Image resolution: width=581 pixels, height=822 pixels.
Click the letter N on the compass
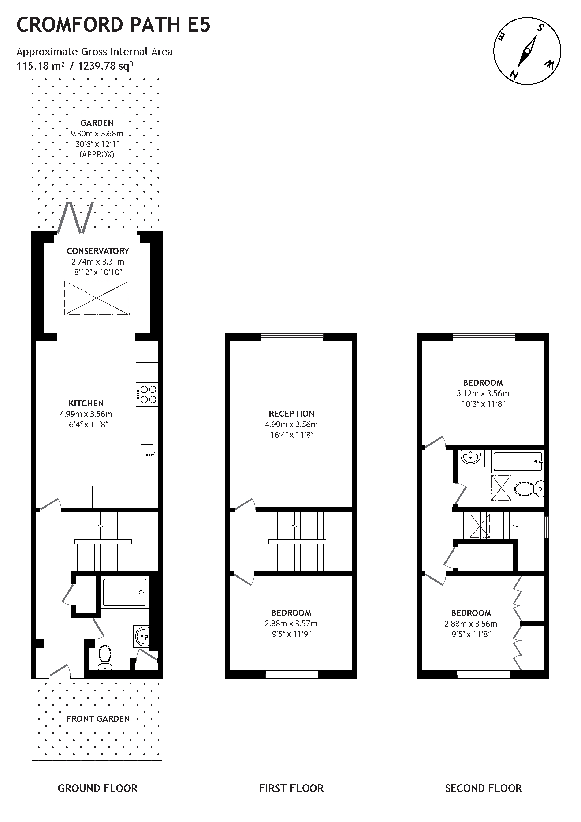[514, 75]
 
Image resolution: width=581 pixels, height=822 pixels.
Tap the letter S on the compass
[540, 28]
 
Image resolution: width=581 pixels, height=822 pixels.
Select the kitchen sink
[147, 455]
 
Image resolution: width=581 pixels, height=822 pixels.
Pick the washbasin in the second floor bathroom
[470, 456]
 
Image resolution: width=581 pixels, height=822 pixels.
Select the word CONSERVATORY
[98, 251]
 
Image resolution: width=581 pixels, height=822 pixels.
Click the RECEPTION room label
[291, 414]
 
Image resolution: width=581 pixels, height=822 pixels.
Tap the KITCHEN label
[86, 404]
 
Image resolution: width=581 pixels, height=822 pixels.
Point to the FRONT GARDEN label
[98, 718]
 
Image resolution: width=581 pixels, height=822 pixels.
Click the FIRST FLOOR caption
[291, 788]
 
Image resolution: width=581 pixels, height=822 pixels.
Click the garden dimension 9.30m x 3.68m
[97, 134]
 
